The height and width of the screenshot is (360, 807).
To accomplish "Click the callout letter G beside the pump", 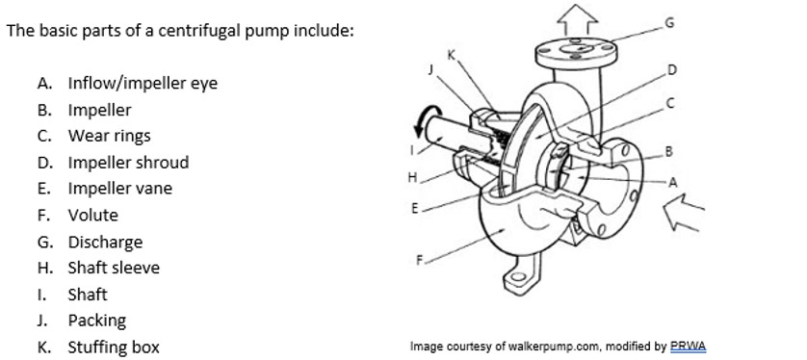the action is [x=669, y=23].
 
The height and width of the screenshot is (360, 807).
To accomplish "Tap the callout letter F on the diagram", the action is [x=420, y=260].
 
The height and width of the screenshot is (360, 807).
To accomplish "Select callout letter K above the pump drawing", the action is [x=452, y=55].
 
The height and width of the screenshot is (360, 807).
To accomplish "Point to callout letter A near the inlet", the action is [x=673, y=182].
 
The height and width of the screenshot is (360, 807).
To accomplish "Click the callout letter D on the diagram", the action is [x=671, y=69].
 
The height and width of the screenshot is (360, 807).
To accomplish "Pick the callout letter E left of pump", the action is [x=415, y=208].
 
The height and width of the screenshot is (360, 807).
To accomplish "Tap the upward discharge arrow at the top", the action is [x=578, y=19].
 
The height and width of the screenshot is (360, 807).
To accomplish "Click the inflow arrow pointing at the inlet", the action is [x=684, y=212].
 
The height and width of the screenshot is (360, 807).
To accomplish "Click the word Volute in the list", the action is [x=92, y=215].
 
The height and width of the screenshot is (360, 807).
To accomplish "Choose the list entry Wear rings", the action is [x=109, y=136].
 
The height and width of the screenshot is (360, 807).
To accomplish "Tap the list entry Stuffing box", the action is [x=114, y=347].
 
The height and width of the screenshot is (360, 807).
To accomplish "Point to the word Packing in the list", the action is [x=96, y=321].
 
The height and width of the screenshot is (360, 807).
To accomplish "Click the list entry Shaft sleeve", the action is [x=114, y=268].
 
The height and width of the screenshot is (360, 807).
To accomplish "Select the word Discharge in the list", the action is [x=105, y=242].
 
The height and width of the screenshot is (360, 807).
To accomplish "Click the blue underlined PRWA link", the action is [x=689, y=347].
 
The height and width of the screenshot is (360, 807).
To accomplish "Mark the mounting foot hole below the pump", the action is [x=518, y=277].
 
